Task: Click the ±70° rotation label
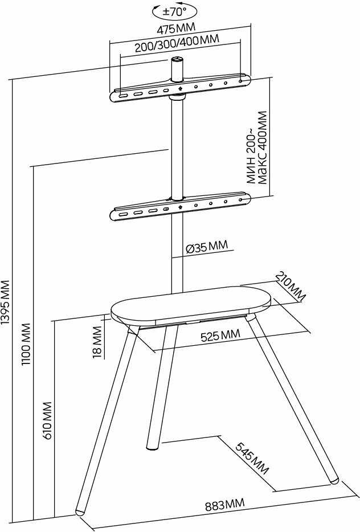[174, 11]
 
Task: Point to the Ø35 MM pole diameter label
[207, 247]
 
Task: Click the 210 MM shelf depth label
[291, 287]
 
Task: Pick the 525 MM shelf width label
[220, 335]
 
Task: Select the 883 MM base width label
[224, 505]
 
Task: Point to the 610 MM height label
[47, 420]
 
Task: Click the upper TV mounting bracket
[180, 89]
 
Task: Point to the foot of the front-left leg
[82, 509]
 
